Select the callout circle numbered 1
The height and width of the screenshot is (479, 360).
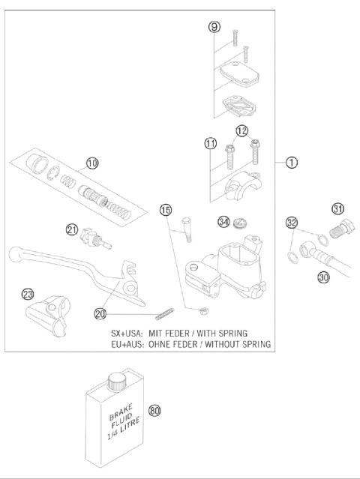click(x=290, y=162)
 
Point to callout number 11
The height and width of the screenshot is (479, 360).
click(x=211, y=142)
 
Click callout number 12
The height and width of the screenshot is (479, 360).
click(x=241, y=131)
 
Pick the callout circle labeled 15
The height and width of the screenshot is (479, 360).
click(x=166, y=209)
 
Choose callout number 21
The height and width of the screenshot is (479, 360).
click(x=72, y=229)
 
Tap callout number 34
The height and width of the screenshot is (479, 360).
click(x=224, y=221)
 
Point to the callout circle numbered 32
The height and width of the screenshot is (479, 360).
click(x=292, y=222)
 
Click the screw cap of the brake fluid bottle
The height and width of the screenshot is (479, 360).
click(x=115, y=382)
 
